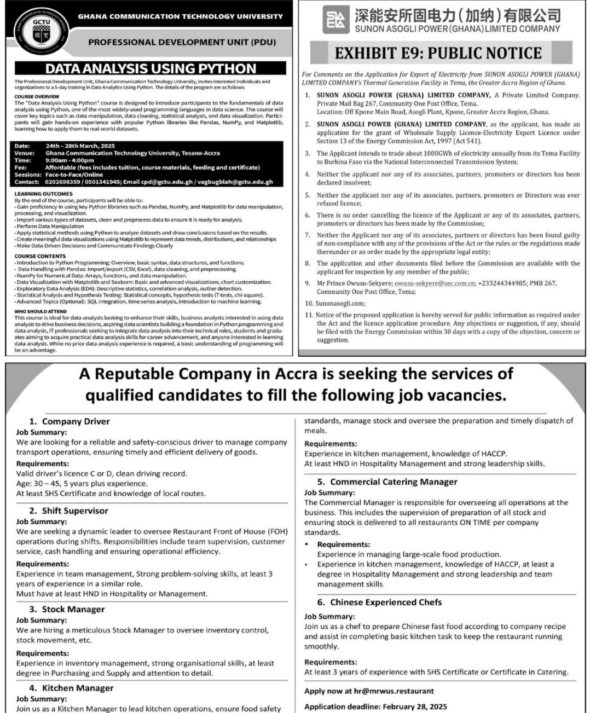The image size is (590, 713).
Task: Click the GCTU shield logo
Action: click(x=38, y=28)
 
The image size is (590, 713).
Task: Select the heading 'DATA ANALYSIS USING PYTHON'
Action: click(x=151, y=68)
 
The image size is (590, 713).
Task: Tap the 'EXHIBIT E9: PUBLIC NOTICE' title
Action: click(x=438, y=53)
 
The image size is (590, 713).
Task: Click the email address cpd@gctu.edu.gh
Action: click(x=170, y=182)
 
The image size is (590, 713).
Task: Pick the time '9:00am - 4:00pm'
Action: click(x=70, y=160)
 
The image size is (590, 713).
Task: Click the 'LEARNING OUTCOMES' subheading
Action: click(x=43, y=194)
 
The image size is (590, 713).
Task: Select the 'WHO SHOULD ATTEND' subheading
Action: click(x=41, y=311)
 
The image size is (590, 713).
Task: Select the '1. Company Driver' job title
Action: click(x=69, y=421)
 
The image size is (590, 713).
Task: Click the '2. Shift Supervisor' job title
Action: click(x=68, y=511)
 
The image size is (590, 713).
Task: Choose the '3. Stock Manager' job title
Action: click(x=66, y=609)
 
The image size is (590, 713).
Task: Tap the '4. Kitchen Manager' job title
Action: click(x=71, y=688)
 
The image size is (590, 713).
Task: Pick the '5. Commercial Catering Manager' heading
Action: click(x=387, y=482)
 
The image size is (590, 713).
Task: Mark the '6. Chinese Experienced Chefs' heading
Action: click(x=379, y=602)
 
